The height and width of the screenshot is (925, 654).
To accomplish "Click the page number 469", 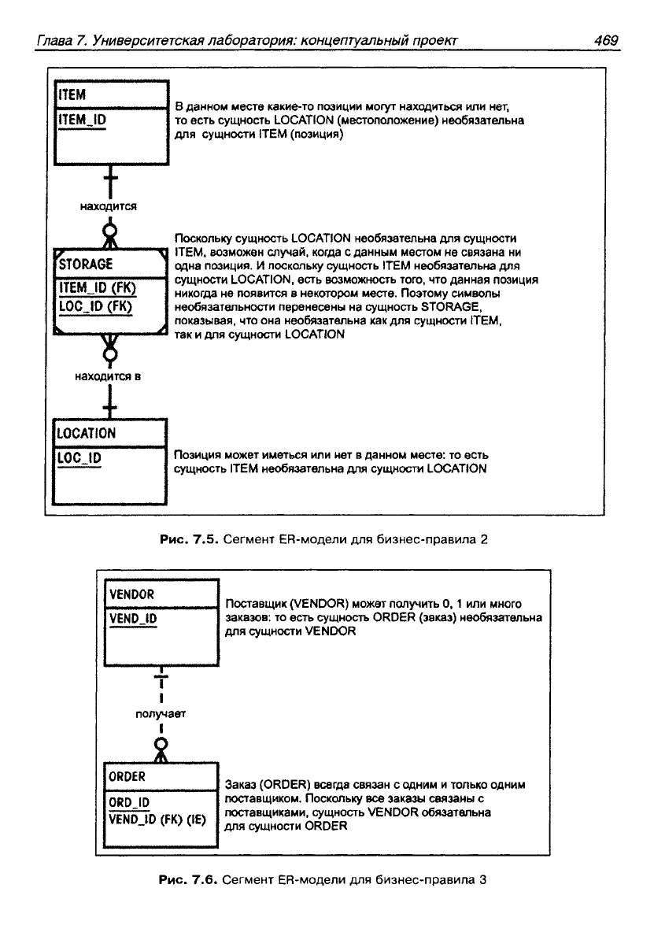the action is point(606,40).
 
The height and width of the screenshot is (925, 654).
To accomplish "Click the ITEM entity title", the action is point(72,94).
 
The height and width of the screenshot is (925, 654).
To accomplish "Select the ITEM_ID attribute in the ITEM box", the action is point(82,120).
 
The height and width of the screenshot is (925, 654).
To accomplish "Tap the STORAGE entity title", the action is point(86,264).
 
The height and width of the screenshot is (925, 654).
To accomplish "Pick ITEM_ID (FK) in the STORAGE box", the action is point(98,287).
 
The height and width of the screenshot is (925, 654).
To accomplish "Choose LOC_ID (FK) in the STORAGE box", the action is point(95,306).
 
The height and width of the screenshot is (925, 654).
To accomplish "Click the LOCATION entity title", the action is point(86,433).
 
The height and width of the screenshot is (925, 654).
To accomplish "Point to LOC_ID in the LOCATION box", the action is point(79,458).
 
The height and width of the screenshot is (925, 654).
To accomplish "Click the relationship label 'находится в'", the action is point(108,376).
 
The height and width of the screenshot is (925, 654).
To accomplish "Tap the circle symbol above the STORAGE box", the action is point(110,230).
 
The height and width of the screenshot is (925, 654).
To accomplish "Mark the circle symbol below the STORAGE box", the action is point(110,354).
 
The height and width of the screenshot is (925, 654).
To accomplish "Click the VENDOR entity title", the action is point(131,594).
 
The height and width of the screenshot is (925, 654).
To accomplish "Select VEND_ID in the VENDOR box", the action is point(133,618).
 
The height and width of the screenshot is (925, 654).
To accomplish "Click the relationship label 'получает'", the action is point(161,714).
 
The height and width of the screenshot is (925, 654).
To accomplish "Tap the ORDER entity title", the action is point(127,776).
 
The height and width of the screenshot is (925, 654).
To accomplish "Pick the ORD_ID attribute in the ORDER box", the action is point(129,802).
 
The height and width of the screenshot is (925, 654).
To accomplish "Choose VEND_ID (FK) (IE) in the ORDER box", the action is point(157,820).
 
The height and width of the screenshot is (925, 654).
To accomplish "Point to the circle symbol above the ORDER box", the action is point(161,743).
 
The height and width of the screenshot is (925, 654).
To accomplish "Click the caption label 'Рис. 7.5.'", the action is point(190,539).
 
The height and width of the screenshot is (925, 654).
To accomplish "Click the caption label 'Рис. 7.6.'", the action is point(189,880).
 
